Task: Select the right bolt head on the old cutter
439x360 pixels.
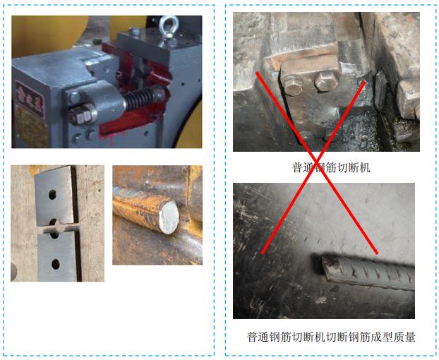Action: (325, 81)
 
